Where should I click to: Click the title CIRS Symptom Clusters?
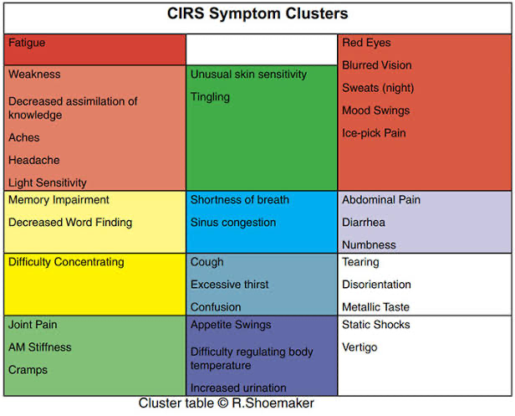pos(257,14)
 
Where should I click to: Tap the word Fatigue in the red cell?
pos(27,43)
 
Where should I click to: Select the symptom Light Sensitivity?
pos(48,182)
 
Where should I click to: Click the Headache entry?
pos(34,160)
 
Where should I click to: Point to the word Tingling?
pos(210,97)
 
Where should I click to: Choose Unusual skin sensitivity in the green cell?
pos(248,74)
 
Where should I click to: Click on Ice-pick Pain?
pos(374,133)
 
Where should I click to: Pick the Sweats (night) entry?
pos(378,88)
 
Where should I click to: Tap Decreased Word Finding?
pos(70,223)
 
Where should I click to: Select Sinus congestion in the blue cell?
pos(233,223)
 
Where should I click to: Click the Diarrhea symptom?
pos(364,223)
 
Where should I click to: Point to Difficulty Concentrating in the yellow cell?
pos(66,262)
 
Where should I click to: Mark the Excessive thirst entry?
pos(230,285)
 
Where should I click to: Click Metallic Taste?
pos(375,307)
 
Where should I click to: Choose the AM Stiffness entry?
pos(40,347)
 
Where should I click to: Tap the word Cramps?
pos(28,370)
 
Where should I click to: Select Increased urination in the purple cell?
pos(238,388)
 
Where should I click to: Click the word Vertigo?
pos(359,347)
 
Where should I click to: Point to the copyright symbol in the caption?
pos(223,403)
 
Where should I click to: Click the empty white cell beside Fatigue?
pos(262,49)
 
